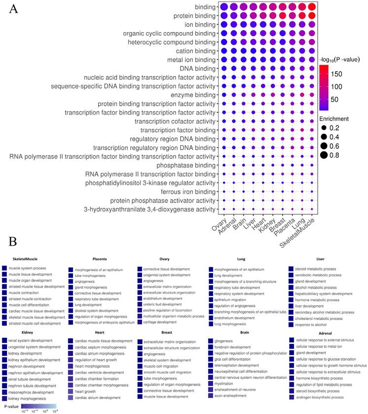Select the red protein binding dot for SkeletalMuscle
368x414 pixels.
point(311,16)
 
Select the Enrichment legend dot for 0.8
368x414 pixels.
point(325,155)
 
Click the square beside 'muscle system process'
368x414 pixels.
point(4,268)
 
